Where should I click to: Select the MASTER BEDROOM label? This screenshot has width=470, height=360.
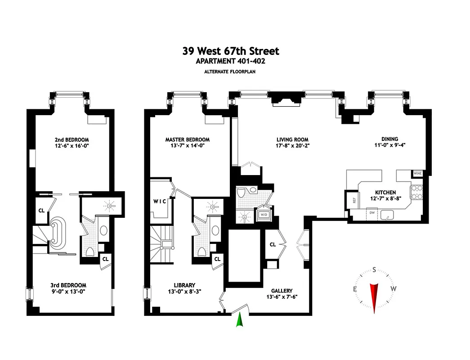[x=187, y=140]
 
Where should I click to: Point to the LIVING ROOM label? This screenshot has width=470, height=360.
[x=292, y=140]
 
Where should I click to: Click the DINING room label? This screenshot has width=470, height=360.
[x=389, y=139]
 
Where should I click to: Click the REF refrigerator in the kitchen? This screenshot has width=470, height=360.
[x=354, y=200]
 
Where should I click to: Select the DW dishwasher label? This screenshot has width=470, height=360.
[x=372, y=211]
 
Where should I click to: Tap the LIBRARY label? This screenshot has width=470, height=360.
[x=184, y=285]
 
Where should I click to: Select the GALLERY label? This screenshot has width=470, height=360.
[x=282, y=291]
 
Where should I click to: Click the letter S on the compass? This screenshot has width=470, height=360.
[x=374, y=270]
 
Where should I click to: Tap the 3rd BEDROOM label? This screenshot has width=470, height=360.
[x=68, y=285]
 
